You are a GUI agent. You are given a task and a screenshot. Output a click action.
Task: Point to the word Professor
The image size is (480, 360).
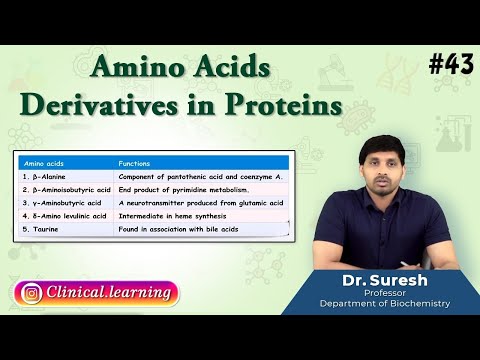point(384,293)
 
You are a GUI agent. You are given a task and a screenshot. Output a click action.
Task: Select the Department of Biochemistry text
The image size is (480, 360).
point(384,304)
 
